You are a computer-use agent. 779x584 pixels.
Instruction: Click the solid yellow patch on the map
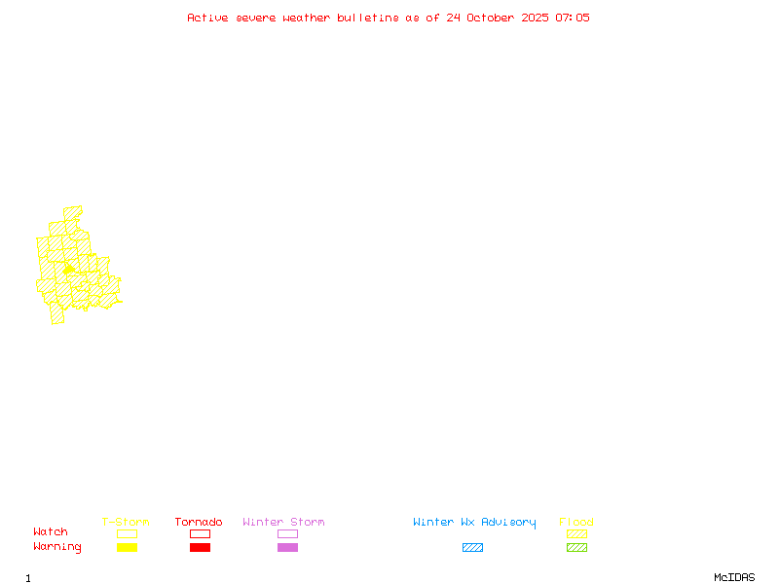69,268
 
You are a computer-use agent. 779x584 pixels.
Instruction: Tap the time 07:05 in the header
573,18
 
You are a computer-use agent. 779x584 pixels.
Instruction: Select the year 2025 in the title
534,18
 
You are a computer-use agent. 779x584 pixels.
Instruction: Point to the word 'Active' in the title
208,18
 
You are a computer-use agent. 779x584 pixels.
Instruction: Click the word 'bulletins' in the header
368,18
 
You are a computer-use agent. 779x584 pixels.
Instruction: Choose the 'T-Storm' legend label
126,523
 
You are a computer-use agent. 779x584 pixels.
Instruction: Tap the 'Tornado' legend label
199,523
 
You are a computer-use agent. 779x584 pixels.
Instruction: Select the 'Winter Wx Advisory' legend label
474,523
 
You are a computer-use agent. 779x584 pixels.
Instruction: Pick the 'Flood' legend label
576,523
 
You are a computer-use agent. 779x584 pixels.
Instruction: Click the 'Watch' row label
51,532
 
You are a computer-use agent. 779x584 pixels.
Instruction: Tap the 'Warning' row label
56,547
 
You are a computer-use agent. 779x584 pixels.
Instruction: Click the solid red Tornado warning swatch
200,547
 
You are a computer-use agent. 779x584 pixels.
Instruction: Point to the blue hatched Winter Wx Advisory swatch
472,547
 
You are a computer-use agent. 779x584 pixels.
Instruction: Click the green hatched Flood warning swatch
576,547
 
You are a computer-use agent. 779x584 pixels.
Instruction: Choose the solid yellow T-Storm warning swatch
127,547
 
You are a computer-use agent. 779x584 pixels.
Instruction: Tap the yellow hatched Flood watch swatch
576,533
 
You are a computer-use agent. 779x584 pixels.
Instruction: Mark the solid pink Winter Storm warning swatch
287,547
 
